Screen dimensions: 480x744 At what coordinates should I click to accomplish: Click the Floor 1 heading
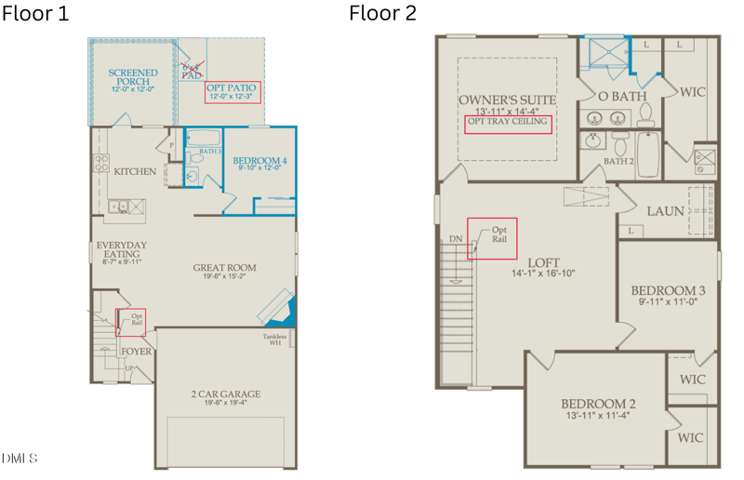pos(35,14)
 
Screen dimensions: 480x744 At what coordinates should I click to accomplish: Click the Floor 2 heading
pos(382,14)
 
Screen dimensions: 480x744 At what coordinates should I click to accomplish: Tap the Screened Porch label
pos(133,78)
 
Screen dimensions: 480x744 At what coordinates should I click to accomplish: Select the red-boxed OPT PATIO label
pos(232,92)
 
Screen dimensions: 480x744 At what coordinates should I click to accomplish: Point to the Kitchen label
pos(135,171)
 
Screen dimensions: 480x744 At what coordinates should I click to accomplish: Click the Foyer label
pos(136,352)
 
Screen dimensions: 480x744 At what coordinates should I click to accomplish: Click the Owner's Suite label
pos(507,100)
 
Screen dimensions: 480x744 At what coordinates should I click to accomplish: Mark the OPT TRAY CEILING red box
pos(507,124)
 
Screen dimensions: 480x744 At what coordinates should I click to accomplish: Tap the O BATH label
pos(622,96)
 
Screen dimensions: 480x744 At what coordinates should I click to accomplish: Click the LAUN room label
pos(665,211)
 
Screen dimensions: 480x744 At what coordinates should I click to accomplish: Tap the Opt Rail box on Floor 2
pos(493,238)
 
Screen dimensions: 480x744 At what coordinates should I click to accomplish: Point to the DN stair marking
pos(456,238)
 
